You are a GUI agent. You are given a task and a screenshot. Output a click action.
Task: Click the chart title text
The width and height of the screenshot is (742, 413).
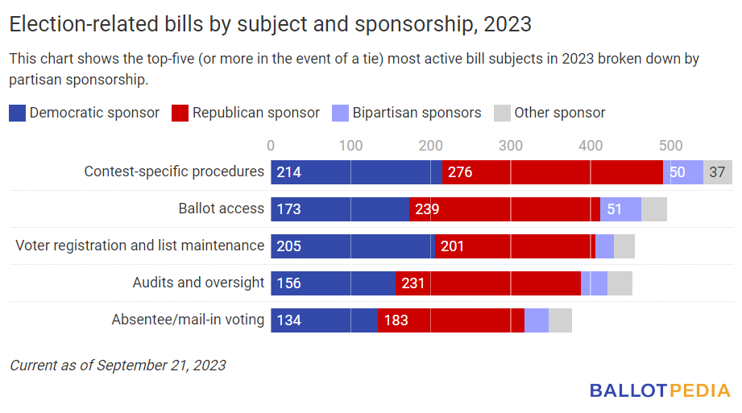point(270,24)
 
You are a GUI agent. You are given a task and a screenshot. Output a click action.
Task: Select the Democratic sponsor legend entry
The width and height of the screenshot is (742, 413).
point(85,113)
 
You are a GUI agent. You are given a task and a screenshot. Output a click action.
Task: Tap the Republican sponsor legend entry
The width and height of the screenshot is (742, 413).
point(246,113)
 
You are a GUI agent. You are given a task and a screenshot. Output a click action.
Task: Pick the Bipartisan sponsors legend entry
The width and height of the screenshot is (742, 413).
point(406,113)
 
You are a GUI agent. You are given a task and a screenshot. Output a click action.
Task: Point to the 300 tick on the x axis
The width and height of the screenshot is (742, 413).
point(511,146)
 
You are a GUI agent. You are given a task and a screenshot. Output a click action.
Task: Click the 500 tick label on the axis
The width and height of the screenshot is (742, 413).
point(671,146)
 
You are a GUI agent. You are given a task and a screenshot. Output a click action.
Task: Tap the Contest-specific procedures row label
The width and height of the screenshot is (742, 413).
point(174,171)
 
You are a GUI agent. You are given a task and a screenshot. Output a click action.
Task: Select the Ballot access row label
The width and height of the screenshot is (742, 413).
point(221,209)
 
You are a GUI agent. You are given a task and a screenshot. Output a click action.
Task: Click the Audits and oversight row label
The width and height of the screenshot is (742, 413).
point(198,283)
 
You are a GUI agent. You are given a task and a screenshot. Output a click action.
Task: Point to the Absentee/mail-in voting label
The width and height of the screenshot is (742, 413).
point(188,320)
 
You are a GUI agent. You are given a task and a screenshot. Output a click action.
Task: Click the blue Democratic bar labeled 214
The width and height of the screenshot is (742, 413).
point(356,172)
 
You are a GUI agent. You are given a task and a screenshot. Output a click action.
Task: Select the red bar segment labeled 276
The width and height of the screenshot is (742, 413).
point(552,172)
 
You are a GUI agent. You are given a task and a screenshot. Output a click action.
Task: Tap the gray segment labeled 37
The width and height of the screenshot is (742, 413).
point(717,172)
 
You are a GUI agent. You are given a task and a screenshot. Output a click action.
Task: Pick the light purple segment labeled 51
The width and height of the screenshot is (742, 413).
point(620,209)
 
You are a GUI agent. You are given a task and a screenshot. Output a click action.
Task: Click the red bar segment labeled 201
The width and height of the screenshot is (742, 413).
point(514,246)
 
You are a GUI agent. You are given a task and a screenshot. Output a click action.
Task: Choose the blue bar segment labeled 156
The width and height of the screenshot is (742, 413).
point(333,283)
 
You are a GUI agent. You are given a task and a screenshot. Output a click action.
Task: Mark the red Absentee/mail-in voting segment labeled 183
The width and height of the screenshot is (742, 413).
point(451,320)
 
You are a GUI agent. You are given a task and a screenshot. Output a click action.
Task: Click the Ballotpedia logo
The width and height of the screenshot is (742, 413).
point(660,390)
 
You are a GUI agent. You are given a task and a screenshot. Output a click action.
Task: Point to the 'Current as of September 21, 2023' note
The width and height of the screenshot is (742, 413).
point(118,366)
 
